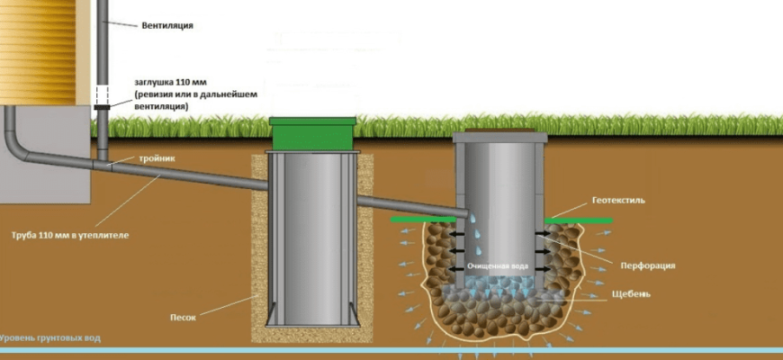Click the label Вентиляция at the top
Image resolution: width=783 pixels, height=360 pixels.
tap(167, 26)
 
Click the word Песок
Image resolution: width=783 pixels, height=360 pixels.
tap(183, 317)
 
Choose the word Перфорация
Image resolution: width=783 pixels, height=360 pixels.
tap(648, 265)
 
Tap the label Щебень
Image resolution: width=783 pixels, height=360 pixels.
tap(634, 294)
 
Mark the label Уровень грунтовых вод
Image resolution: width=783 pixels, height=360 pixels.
tap(50, 338)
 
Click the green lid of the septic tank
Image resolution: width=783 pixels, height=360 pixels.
tap(313, 135)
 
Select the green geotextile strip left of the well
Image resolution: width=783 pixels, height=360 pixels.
tap(422, 219)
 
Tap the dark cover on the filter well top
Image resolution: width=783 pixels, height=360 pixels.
tap(499, 137)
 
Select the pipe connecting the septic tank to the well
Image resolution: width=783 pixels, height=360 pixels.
tap(409, 203)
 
